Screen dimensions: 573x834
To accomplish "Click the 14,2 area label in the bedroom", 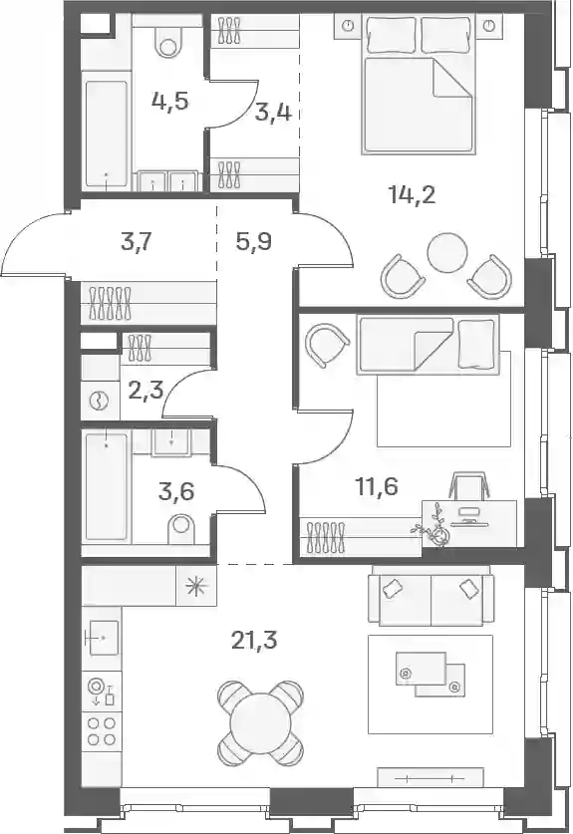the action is (x=413, y=195).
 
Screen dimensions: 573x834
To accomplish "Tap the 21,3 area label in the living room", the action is (x=254, y=641).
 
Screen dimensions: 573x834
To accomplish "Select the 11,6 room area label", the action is (x=377, y=486).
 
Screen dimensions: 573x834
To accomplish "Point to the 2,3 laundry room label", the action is (x=145, y=394).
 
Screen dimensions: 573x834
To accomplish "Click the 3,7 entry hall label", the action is (x=138, y=243).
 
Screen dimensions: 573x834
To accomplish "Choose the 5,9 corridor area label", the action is (x=254, y=242).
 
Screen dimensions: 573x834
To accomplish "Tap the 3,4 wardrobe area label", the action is (x=273, y=113).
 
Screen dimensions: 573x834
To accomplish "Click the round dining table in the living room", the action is (x=260, y=715).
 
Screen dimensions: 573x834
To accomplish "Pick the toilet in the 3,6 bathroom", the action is (x=181, y=528).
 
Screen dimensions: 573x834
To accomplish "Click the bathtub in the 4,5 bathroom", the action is (x=107, y=133).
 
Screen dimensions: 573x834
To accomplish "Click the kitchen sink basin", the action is (x=104, y=637).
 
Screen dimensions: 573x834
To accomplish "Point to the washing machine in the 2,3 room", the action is (x=100, y=400).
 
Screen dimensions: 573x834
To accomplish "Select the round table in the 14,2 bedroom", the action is (x=448, y=251).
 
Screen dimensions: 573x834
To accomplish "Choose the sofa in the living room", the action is (x=430, y=595).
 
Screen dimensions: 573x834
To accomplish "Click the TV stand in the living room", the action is (x=430, y=777).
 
